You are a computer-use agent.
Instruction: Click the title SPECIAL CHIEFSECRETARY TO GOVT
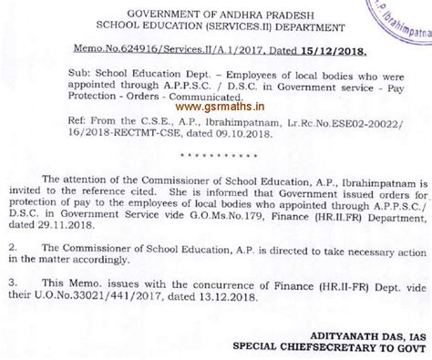(x=319, y=350)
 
